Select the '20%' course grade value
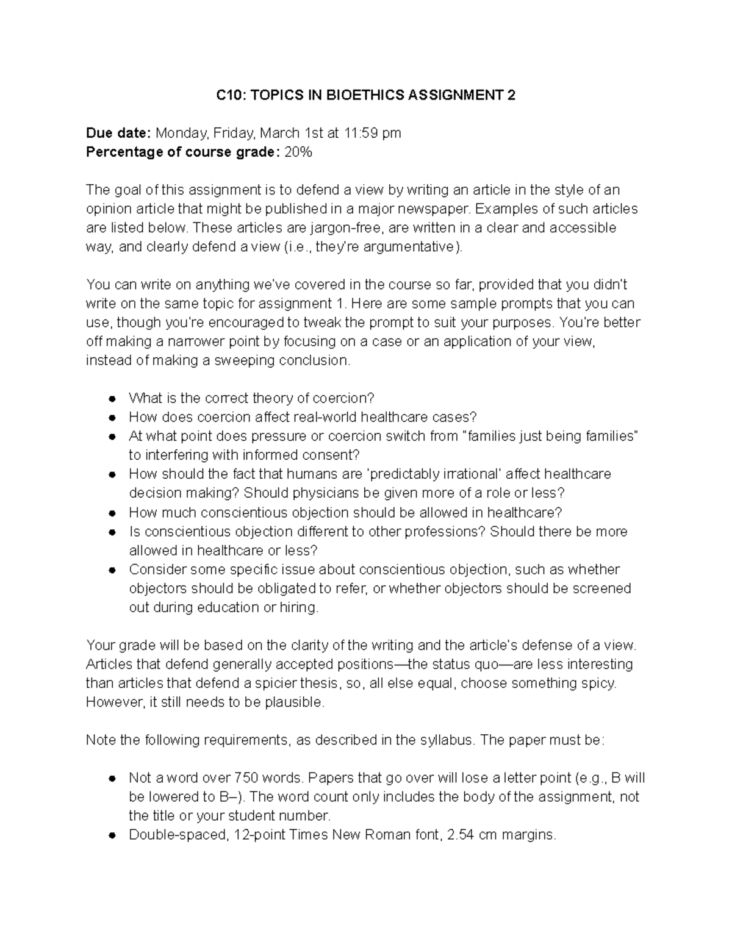[x=298, y=152]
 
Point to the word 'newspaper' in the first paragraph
[x=436, y=209]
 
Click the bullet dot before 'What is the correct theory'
[x=112, y=399]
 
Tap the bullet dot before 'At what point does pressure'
[x=112, y=437]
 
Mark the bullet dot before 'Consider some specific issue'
[x=112, y=570]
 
